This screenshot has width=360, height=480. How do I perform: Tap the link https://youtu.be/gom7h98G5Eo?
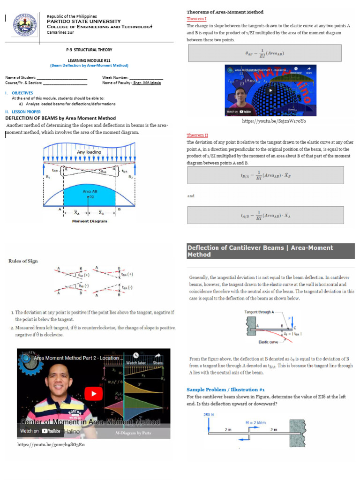(x=51, y=444)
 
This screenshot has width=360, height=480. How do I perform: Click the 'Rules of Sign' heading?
(x=23, y=261)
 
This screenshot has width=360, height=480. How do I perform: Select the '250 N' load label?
(x=209, y=414)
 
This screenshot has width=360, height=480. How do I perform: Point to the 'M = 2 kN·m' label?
(x=256, y=422)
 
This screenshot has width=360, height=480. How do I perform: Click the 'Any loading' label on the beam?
(x=89, y=152)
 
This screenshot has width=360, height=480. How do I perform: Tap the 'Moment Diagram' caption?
(x=90, y=221)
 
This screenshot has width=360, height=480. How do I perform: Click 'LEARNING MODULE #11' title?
(x=89, y=60)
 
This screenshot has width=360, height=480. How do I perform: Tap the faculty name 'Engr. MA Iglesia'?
(x=147, y=82)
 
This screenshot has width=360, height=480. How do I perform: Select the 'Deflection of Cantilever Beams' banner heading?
(x=260, y=251)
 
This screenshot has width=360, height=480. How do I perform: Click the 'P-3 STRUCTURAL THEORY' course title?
(x=89, y=49)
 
